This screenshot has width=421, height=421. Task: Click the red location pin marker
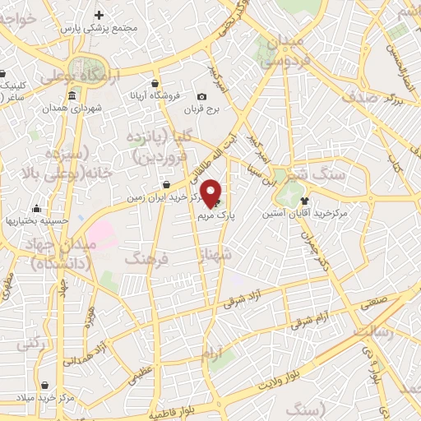(211, 192)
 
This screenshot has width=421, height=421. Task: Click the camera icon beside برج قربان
(202, 96)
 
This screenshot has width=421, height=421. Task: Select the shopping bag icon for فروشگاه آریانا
(155, 82)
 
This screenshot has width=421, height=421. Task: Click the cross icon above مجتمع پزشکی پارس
(99, 15)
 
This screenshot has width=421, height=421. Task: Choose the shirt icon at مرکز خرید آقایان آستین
(304, 200)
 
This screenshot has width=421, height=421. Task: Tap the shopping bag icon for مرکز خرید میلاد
(44, 384)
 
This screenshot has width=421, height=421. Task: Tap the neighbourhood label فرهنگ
(146, 259)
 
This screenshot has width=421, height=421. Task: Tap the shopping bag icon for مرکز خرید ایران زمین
(167, 184)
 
